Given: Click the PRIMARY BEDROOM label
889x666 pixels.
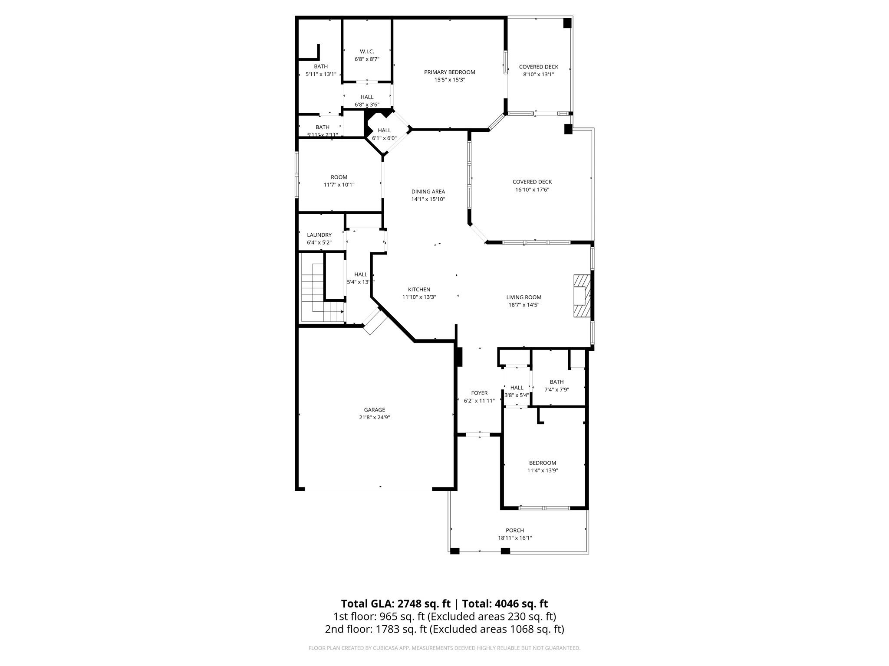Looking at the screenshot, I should (x=449, y=72).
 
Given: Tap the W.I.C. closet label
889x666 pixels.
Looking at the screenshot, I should (x=367, y=52).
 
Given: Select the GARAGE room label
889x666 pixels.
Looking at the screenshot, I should (x=374, y=410).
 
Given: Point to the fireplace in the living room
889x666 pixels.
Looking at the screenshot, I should (x=582, y=297).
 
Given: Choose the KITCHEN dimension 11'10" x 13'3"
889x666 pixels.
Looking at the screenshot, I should (x=419, y=297).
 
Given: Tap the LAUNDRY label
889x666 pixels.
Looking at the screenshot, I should (x=319, y=235).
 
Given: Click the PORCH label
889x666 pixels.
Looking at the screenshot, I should (x=514, y=530).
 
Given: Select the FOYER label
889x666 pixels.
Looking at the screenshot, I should (x=479, y=393).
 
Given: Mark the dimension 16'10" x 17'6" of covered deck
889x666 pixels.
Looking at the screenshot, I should (x=532, y=189).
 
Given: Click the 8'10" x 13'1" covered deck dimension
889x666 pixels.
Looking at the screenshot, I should (x=538, y=75).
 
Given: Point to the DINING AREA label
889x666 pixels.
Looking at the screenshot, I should (x=428, y=192).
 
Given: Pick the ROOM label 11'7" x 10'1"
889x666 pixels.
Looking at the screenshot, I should (x=339, y=177).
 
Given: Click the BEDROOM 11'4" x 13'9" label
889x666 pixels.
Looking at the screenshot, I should (x=542, y=463).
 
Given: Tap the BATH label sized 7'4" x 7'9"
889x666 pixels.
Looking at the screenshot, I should (x=556, y=382).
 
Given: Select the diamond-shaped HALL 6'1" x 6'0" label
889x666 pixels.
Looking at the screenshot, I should (x=384, y=131).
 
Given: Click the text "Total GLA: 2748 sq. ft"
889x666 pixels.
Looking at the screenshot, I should (x=395, y=604).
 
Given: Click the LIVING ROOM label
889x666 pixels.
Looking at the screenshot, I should (x=524, y=297).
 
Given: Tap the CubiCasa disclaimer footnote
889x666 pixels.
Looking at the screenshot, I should (x=444, y=648).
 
